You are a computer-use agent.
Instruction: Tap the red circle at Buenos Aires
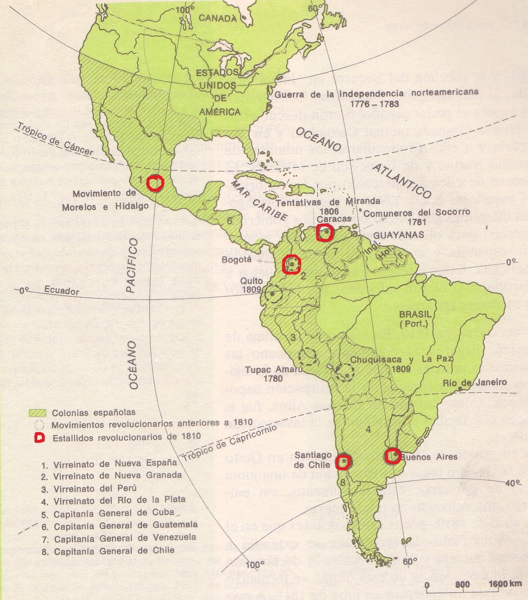[392, 456]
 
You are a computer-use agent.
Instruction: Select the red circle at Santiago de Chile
[343, 462]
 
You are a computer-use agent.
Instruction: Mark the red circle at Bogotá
[292, 264]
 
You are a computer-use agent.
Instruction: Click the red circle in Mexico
[155, 183]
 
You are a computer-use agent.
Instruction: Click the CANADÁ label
[217, 18]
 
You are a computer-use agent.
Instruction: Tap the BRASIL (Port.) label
[415, 319]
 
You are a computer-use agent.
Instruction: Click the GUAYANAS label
[399, 235]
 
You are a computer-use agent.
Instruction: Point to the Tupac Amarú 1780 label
[273, 373]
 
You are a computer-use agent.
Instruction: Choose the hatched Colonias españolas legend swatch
[37, 413]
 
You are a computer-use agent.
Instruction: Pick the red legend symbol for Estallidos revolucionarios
[39, 438]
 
